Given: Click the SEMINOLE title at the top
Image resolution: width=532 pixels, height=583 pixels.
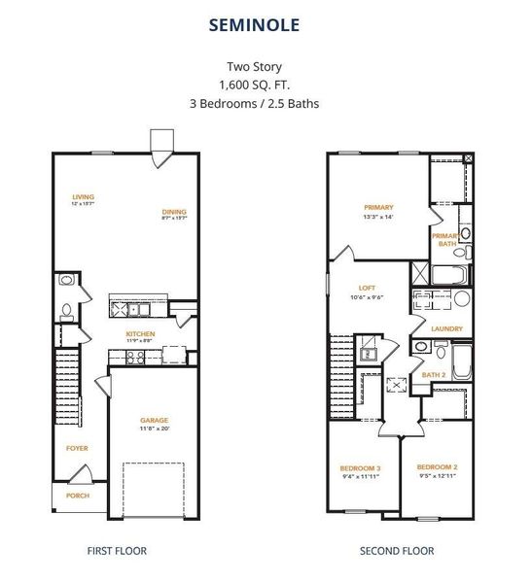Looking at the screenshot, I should (266, 24).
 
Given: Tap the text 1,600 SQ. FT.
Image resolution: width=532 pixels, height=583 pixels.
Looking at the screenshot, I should (266, 85).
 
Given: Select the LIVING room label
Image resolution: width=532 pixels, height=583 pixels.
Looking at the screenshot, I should (83, 196).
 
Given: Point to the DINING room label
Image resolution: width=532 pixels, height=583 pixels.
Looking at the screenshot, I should (174, 212).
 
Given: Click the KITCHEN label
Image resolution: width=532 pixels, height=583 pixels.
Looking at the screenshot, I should (140, 334).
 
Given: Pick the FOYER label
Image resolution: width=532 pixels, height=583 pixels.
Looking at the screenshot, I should (77, 448).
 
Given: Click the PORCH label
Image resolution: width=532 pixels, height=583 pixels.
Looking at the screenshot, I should (77, 496).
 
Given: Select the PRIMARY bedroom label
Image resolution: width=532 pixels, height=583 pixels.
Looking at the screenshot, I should (378, 207).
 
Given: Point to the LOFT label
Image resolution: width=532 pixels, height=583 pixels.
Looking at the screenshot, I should (366, 289).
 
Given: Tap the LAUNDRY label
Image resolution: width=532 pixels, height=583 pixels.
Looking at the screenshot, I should (446, 328).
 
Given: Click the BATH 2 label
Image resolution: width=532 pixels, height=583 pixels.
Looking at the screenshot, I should (434, 374).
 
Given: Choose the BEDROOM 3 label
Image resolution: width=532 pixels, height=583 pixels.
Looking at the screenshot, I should (360, 468).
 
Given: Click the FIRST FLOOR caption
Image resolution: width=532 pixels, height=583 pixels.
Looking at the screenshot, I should (116, 551).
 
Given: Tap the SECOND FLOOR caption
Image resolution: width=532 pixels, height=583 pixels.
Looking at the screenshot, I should (397, 551).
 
